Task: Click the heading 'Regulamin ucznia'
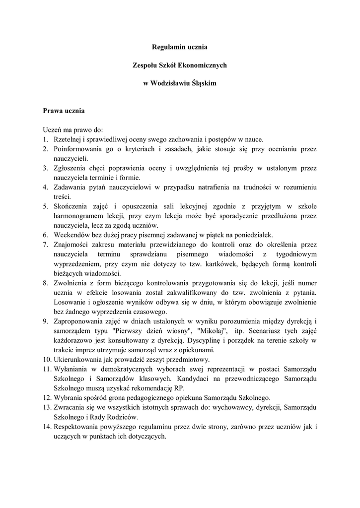[179, 47]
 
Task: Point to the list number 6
[45, 235]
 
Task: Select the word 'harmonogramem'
[78, 216]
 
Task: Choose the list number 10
[46, 359]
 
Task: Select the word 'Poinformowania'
[77, 149]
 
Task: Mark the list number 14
[46, 427]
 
